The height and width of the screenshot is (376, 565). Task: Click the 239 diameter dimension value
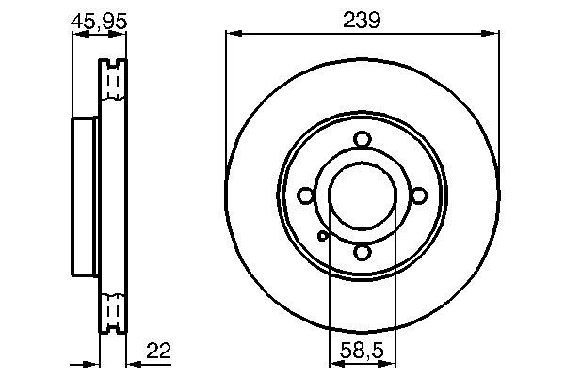point(362,20)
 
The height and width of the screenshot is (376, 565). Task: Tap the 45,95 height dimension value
point(99,22)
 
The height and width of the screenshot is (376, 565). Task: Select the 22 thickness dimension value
point(158,350)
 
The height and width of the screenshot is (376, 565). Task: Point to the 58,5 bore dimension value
point(362,351)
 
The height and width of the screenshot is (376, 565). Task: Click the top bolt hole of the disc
point(363,140)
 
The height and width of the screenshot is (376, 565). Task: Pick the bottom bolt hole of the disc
point(363,252)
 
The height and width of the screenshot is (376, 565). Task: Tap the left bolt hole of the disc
point(305,196)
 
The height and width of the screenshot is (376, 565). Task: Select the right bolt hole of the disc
point(419,196)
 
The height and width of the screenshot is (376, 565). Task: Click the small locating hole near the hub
point(322,236)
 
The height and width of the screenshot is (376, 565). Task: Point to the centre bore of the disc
point(363,196)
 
